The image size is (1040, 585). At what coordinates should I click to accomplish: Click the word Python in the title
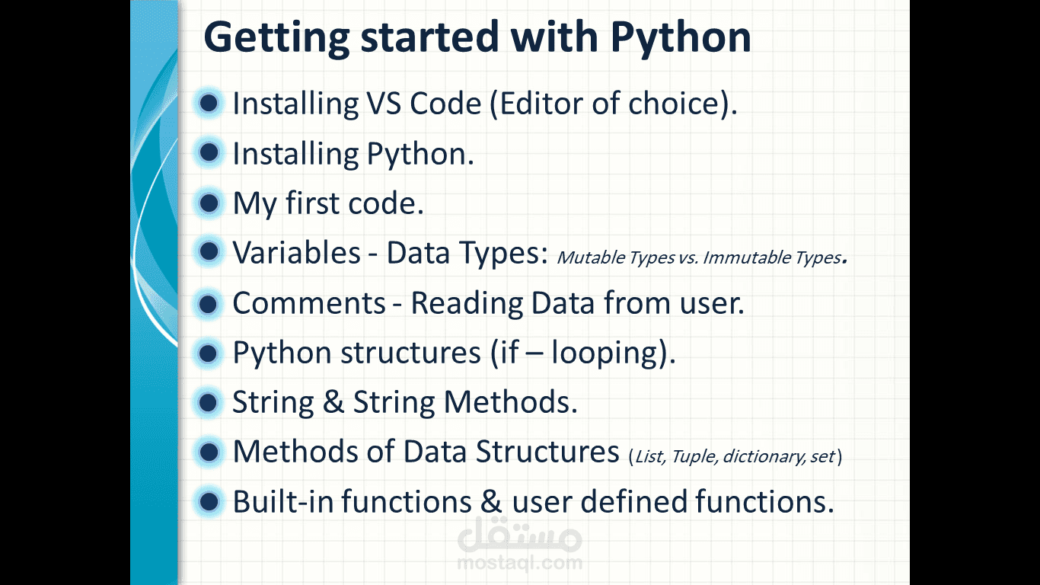[681, 38]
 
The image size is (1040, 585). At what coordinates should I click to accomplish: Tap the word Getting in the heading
[276, 38]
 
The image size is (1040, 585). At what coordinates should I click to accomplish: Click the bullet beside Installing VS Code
[209, 103]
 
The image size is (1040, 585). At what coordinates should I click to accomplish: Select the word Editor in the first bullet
[541, 103]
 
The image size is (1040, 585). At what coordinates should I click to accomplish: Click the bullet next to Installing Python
[209, 152]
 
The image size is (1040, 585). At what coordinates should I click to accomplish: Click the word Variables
[296, 253]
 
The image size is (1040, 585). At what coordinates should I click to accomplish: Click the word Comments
[309, 303]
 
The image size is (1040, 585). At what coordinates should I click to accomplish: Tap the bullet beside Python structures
[209, 353]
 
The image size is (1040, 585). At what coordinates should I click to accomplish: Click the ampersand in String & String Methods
[333, 402]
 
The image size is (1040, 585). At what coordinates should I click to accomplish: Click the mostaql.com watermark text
[519, 563]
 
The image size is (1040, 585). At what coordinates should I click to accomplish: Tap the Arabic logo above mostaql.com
[519, 534]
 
